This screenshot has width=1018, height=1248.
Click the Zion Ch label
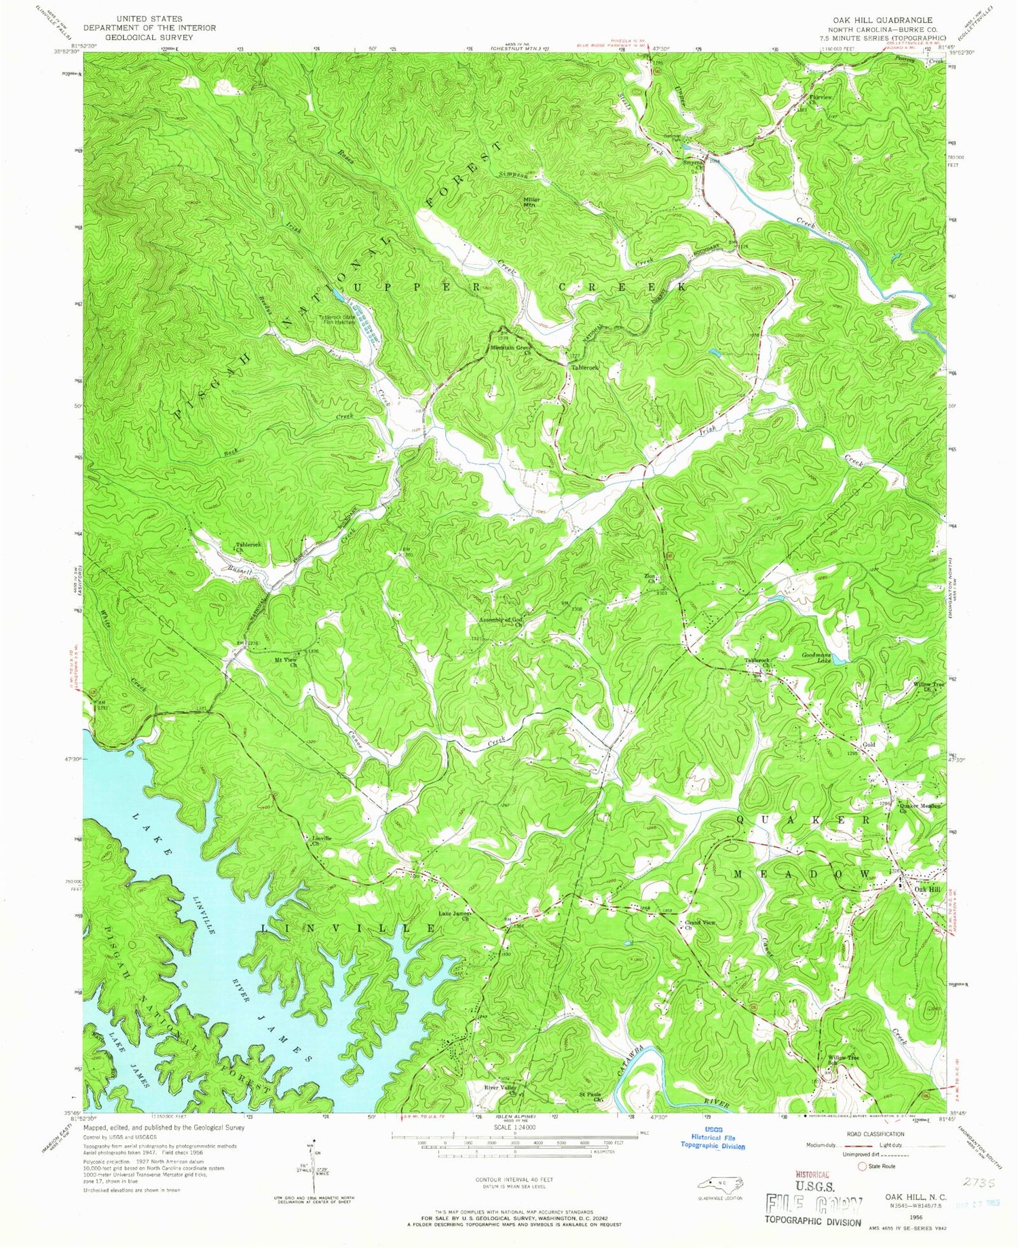click(x=652, y=579)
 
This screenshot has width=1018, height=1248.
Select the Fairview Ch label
click(x=819, y=100)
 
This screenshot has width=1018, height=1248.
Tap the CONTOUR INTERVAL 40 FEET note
click(x=508, y=1181)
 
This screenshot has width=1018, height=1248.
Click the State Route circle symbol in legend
click(x=862, y=1167)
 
